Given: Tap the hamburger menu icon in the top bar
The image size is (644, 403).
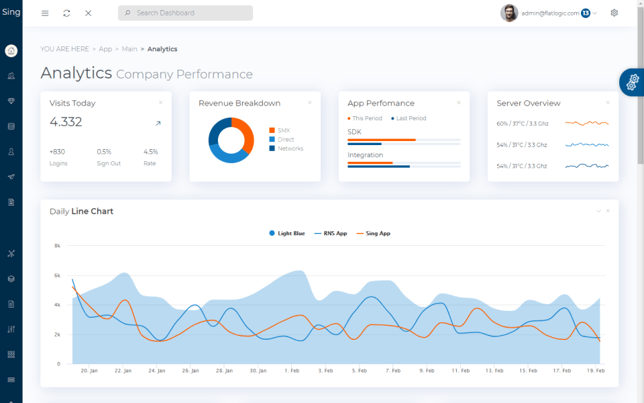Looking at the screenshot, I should (x=45, y=13).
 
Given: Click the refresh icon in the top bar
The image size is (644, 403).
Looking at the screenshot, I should (x=66, y=13).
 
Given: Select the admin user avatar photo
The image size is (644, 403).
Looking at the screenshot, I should (x=509, y=13).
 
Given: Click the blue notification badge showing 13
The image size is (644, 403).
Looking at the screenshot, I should (x=586, y=13).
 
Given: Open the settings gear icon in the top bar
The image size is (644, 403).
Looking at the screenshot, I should (x=614, y=13).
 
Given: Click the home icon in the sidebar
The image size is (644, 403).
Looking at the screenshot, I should (x=11, y=51).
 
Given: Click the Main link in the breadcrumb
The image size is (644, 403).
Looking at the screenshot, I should (x=129, y=49).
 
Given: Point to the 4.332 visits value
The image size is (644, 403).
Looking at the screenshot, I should (x=66, y=122).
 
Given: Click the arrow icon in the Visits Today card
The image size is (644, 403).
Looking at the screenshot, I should (x=158, y=124).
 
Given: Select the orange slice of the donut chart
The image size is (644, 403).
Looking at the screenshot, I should (x=246, y=134).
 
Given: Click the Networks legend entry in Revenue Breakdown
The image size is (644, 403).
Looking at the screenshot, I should (x=290, y=148).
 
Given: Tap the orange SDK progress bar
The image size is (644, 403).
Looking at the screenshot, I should (x=381, y=140).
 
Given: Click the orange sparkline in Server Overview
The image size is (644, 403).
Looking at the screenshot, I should (x=586, y=124).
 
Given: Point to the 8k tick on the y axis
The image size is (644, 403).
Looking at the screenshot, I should (x=58, y=246).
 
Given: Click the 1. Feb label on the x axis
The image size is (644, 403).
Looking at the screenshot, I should (x=292, y=370).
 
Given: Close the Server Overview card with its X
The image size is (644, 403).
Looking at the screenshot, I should (x=608, y=103).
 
